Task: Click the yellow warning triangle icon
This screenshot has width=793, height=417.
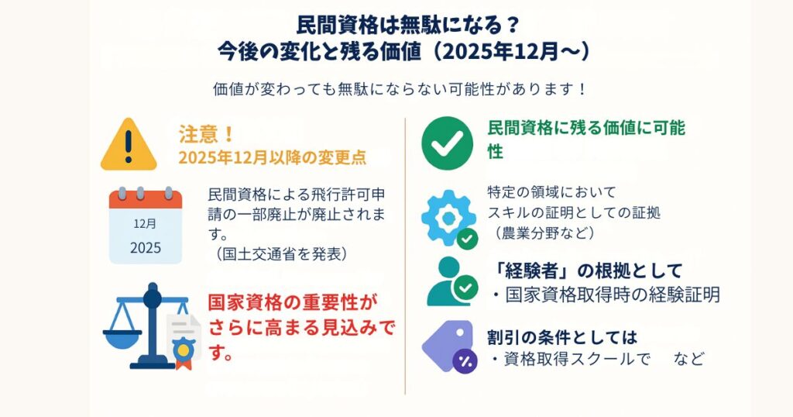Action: coord(129,145)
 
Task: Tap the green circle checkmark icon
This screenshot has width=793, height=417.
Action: coord(447,143)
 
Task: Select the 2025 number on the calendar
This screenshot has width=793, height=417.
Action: coord(146,248)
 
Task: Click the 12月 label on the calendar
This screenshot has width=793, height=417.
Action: coord(145,224)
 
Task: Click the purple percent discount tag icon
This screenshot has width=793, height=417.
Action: coord(448,346)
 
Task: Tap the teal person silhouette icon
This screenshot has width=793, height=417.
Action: coord(448,281)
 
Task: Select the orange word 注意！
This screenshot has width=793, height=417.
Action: coord(207,134)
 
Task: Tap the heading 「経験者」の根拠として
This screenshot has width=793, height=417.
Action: coord(585,271)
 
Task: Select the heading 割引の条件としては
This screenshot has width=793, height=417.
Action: coord(562,336)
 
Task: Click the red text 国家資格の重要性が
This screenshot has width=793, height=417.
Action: coord(293,303)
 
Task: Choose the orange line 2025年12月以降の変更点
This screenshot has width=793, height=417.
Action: coord(273,158)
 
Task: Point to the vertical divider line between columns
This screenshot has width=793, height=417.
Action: coord(405,256)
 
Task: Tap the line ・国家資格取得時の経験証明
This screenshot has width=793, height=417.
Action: coord(606,295)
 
